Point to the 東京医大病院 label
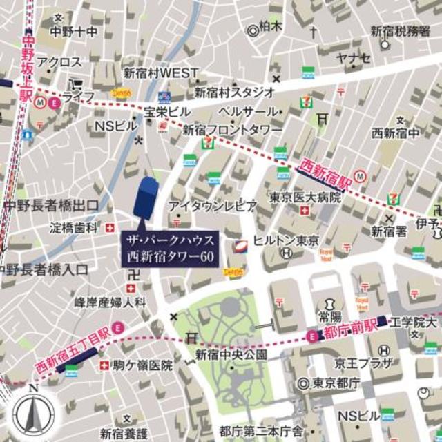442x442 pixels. [x=305, y=198]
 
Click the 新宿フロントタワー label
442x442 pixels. [x=232, y=130]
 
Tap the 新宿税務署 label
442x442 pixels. [x=401, y=30]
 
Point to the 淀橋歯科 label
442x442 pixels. [x=73, y=227]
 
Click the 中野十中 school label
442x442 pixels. [x=73, y=32]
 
